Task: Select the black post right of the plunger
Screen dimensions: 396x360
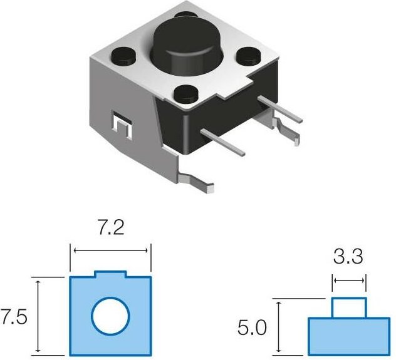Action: tap(249, 56)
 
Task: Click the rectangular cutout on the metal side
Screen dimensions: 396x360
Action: tap(122, 125)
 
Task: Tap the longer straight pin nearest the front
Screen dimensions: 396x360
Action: tap(223, 143)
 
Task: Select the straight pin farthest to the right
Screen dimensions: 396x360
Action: tap(280, 109)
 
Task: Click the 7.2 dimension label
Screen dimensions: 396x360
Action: tap(111, 228)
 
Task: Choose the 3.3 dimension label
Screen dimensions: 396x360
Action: tap(348, 256)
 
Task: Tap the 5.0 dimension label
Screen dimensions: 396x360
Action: tap(252, 327)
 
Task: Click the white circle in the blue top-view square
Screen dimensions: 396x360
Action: tap(111, 316)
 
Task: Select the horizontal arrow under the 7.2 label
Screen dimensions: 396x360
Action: tap(110, 250)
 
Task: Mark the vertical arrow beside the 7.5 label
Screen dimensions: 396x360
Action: tap(38, 316)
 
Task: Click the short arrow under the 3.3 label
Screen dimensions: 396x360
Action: tap(349, 280)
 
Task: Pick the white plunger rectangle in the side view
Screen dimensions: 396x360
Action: tap(349, 308)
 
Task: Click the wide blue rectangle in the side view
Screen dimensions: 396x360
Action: tap(349, 337)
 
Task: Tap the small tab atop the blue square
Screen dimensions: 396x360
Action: tap(110, 274)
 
